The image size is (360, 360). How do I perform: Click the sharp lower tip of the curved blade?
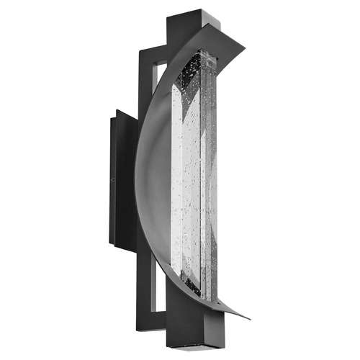pyautogui.click(x=248, y=318)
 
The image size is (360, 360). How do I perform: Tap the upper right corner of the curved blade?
pyautogui.click(x=243, y=49)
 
